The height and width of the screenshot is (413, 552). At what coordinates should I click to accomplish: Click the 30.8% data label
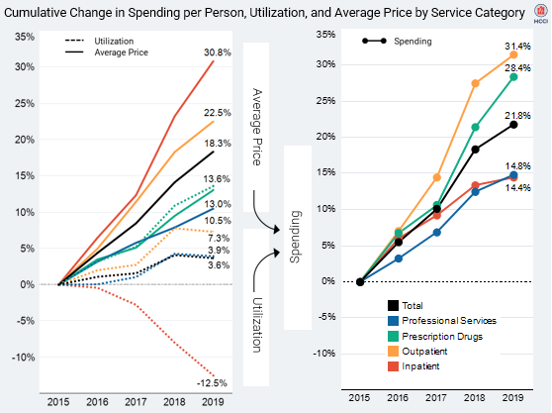point(218,52)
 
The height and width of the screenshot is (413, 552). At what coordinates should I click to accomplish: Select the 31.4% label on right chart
point(517,47)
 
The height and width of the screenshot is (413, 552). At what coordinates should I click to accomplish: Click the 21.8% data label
point(517,116)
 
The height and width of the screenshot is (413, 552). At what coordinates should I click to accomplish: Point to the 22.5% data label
point(218,112)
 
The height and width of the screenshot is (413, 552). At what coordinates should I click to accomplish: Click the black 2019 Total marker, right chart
point(513,124)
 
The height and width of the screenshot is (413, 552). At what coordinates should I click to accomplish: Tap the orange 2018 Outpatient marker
point(475,83)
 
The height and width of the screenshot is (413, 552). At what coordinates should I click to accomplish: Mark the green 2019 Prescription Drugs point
point(513,76)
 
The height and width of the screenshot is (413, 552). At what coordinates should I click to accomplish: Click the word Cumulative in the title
point(40,11)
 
